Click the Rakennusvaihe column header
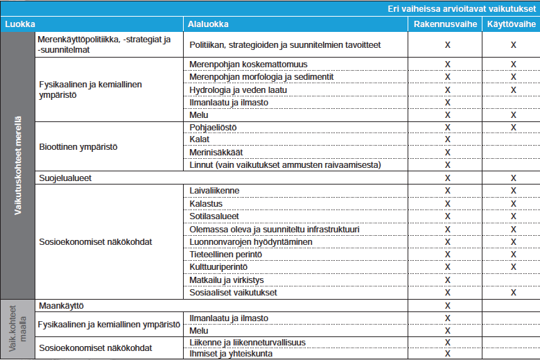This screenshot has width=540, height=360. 447,24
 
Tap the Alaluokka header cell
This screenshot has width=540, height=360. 209,24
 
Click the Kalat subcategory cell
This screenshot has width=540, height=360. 200,140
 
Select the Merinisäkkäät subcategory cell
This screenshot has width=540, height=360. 216,153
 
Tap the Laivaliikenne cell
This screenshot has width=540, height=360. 214,191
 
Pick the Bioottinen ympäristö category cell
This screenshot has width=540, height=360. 78,147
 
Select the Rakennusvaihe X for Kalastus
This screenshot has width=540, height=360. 447,204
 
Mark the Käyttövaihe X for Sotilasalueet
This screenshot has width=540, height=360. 513,216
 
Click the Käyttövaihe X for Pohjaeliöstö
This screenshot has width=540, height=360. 513,128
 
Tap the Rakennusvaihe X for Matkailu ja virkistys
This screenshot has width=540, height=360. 447,280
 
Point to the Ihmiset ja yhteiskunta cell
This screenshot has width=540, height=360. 231,354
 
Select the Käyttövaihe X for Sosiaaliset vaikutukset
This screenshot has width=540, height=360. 513,293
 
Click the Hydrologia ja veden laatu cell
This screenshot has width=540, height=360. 238,90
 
